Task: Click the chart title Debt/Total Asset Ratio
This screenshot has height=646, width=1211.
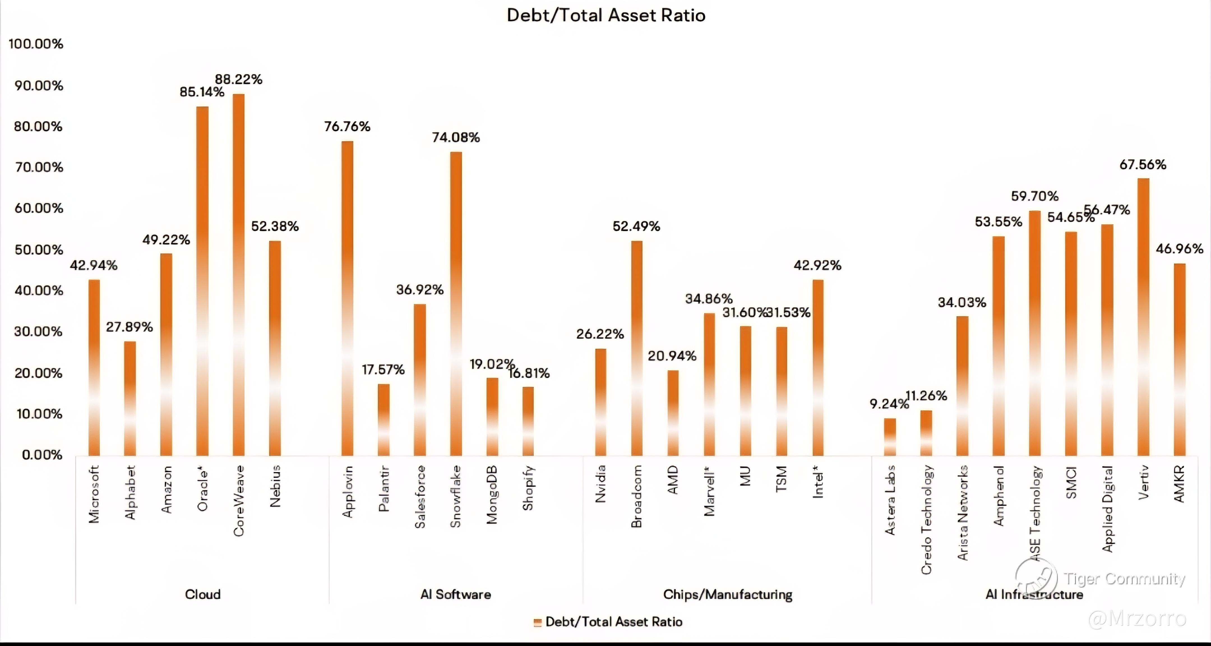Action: pos(606,15)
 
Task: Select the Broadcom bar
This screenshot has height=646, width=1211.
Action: pos(637,348)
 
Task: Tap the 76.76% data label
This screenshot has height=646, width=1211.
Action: pos(347,126)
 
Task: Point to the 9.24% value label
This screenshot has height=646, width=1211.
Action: pos(888,403)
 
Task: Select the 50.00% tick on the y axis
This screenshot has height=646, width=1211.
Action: pos(39,249)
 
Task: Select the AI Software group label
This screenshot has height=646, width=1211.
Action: pos(456,594)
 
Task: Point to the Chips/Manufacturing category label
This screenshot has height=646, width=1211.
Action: pos(727,594)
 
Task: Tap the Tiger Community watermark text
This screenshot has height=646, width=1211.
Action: pos(1124,578)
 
